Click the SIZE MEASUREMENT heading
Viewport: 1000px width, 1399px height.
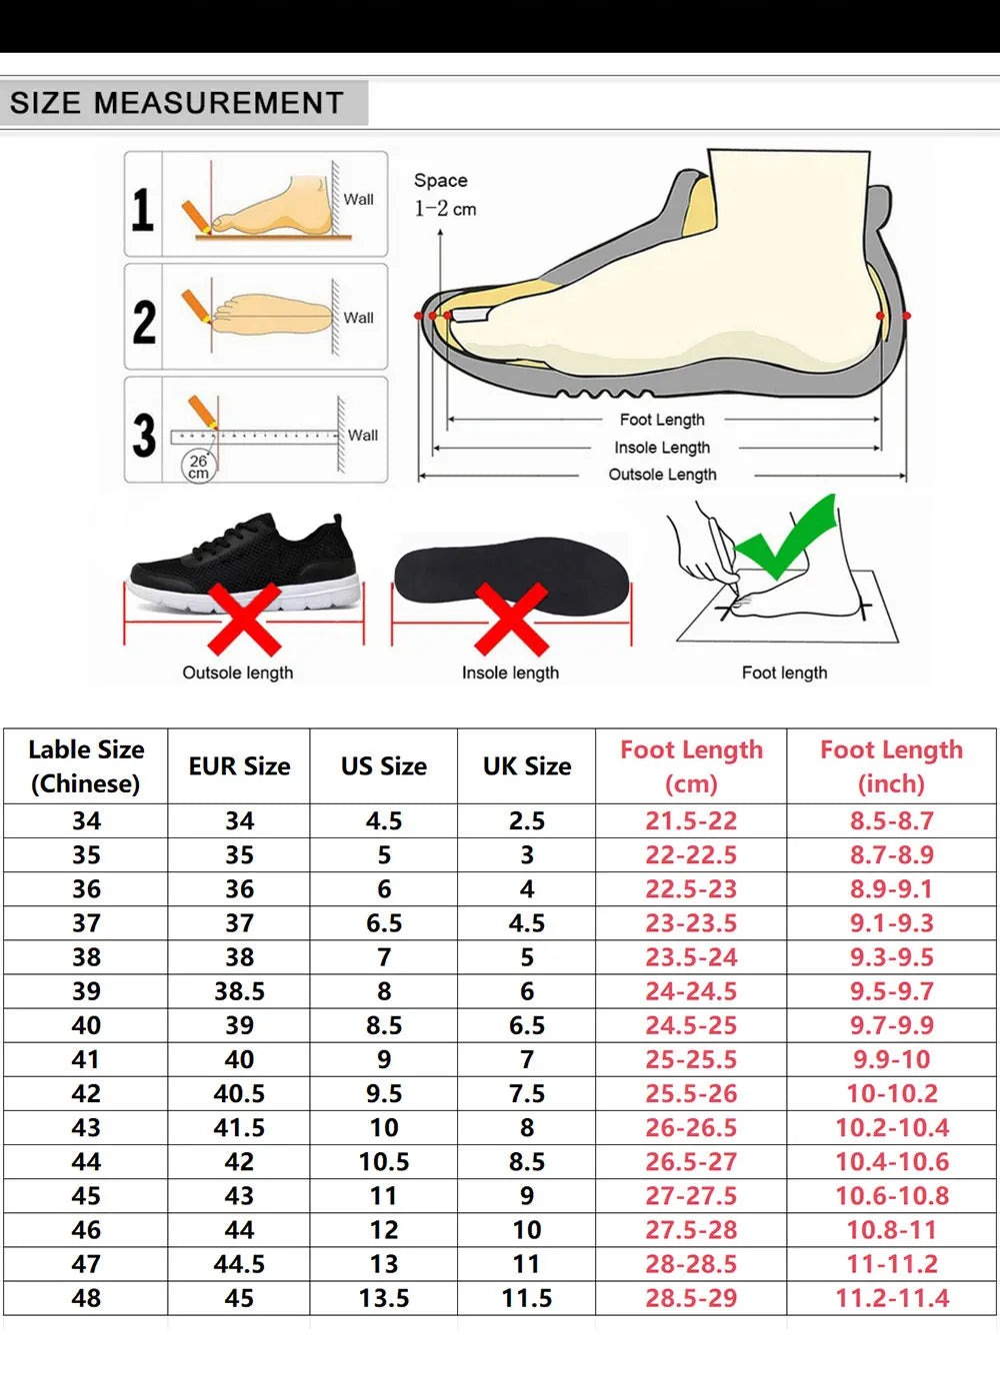tap(177, 102)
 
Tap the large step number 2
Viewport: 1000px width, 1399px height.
tap(144, 322)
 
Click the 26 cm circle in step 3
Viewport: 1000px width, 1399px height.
tap(199, 466)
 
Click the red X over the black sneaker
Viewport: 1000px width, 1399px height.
tap(244, 619)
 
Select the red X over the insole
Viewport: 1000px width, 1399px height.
tap(512, 619)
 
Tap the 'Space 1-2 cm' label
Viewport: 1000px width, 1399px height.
tap(444, 194)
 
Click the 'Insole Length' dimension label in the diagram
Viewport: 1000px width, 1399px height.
tap(662, 448)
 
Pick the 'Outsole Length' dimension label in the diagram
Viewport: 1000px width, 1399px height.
tap(662, 474)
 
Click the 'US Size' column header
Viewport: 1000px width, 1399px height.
tap(384, 765)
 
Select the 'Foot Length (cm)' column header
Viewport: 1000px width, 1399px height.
tap(691, 766)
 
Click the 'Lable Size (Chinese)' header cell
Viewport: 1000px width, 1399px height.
tap(86, 766)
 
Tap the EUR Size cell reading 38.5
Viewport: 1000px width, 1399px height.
tap(239, 991)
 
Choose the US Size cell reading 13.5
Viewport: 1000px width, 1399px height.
tap(384, 1298)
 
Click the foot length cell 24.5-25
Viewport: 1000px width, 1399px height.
tap(691, 1025)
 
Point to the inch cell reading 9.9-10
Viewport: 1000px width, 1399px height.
tap(892, 1059)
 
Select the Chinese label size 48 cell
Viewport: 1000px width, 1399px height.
tap(86, 1298)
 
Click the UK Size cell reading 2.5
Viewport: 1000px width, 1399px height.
tap(527, 820)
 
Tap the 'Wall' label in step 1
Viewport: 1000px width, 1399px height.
tap(359, 199)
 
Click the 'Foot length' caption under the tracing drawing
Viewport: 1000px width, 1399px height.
tap(784, 673)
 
